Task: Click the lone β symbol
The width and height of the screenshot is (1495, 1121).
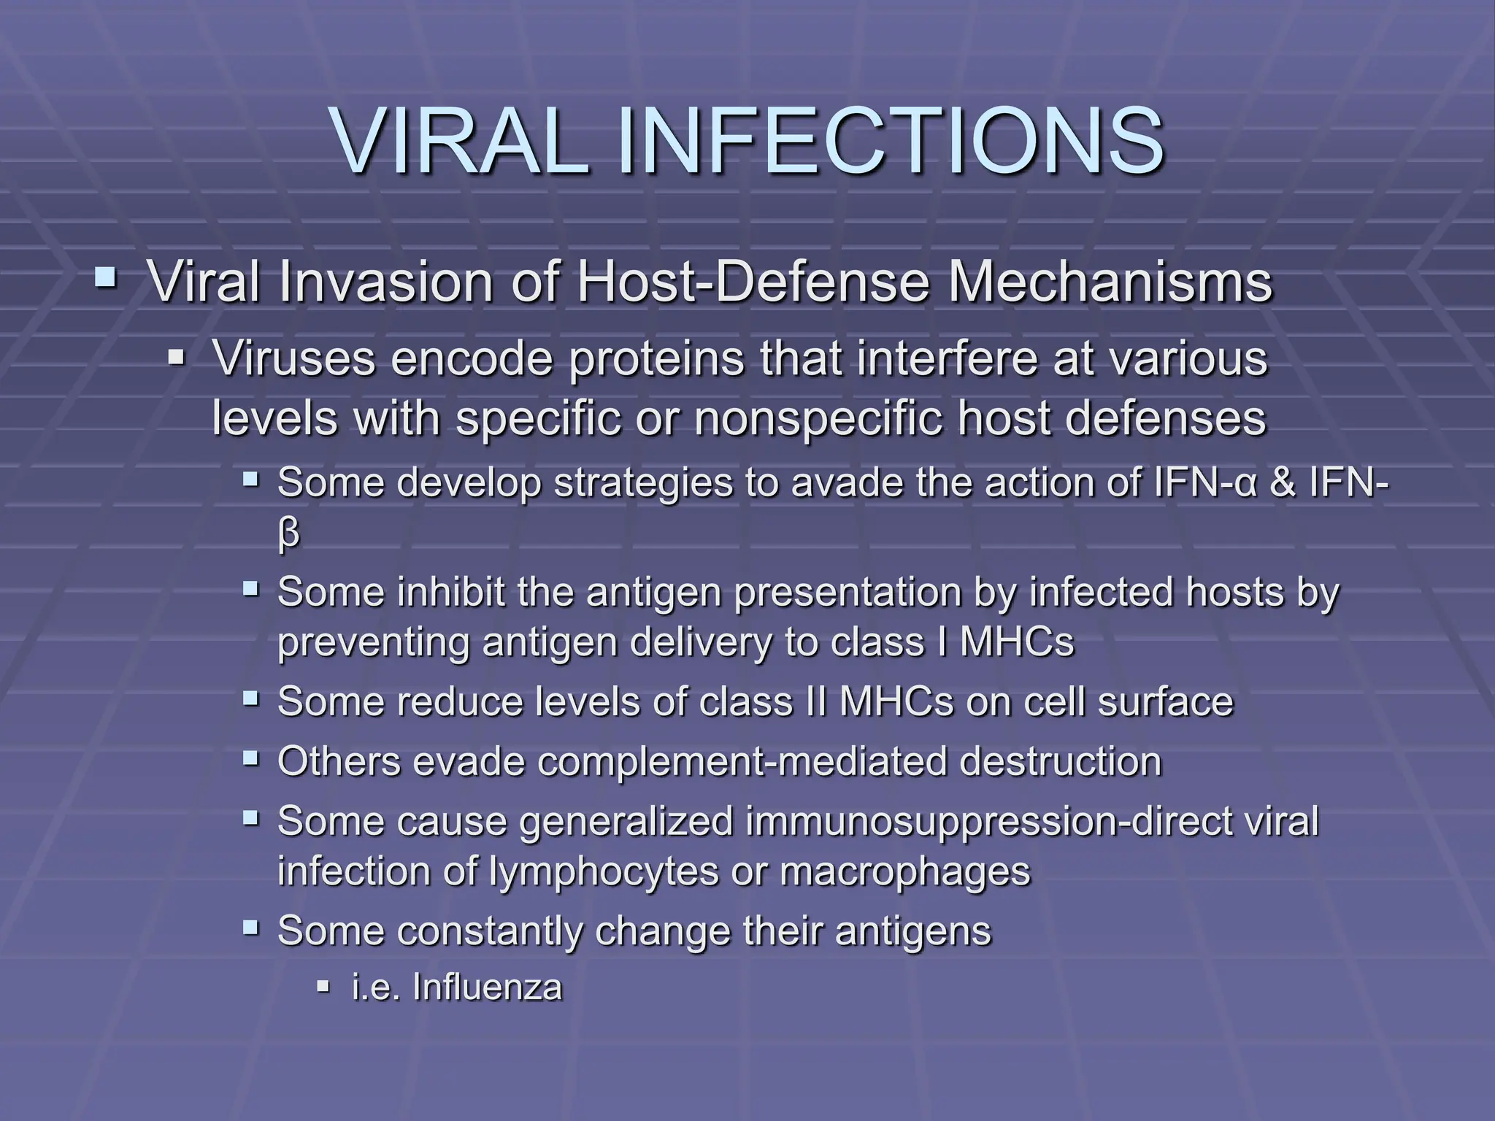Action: click(x=288, y=534)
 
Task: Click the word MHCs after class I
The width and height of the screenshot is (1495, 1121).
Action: click(x=1017, y=643)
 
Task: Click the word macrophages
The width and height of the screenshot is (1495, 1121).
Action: click(x=905, y=872)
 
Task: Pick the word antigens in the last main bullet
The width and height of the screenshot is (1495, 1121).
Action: click(x=912, y=931)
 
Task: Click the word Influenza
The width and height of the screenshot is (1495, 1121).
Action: click(x=488, y=988)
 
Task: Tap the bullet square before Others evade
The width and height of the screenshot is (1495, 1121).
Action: click(x=251, y=759)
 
